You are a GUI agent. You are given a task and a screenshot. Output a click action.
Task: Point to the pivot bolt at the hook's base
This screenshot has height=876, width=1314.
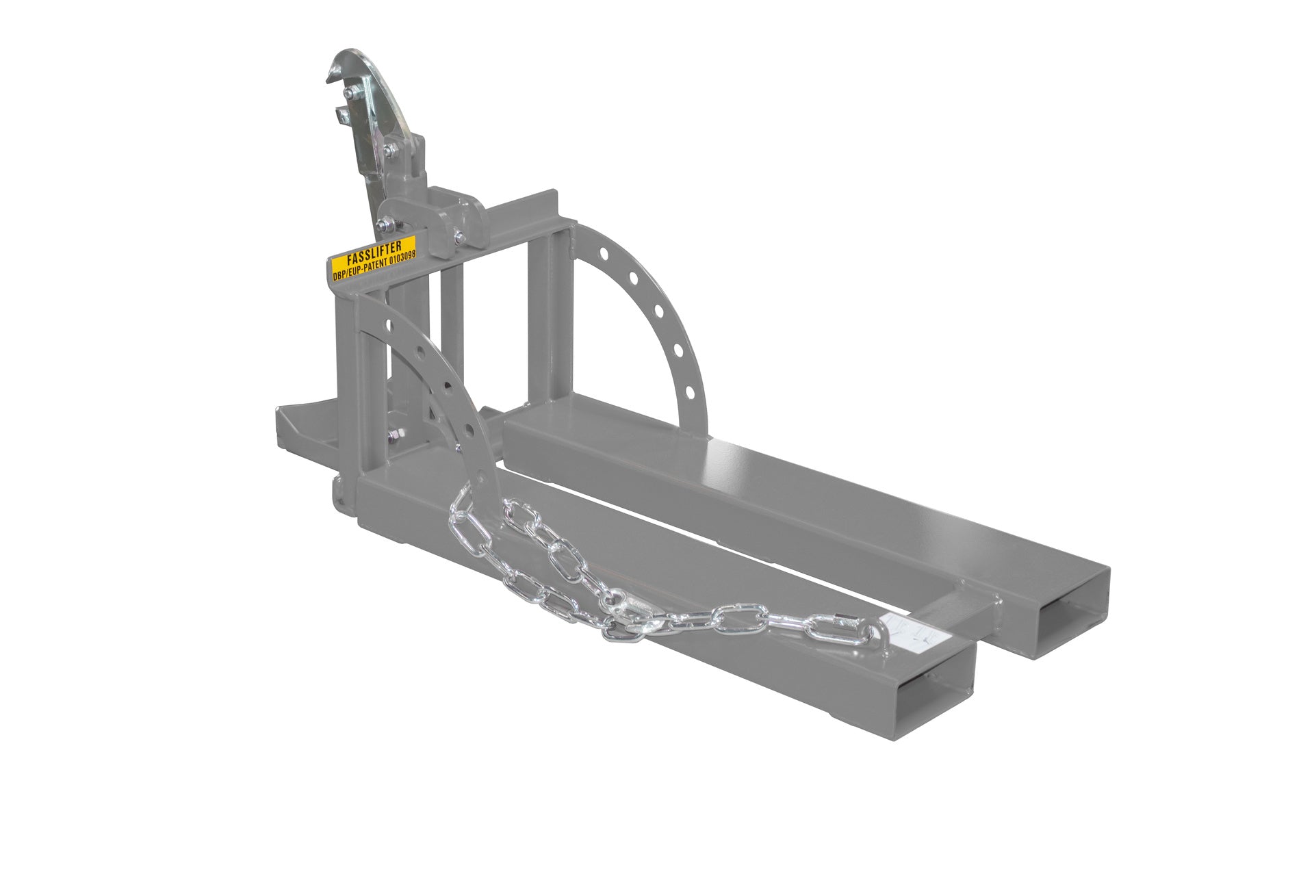(x=390, y=150)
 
